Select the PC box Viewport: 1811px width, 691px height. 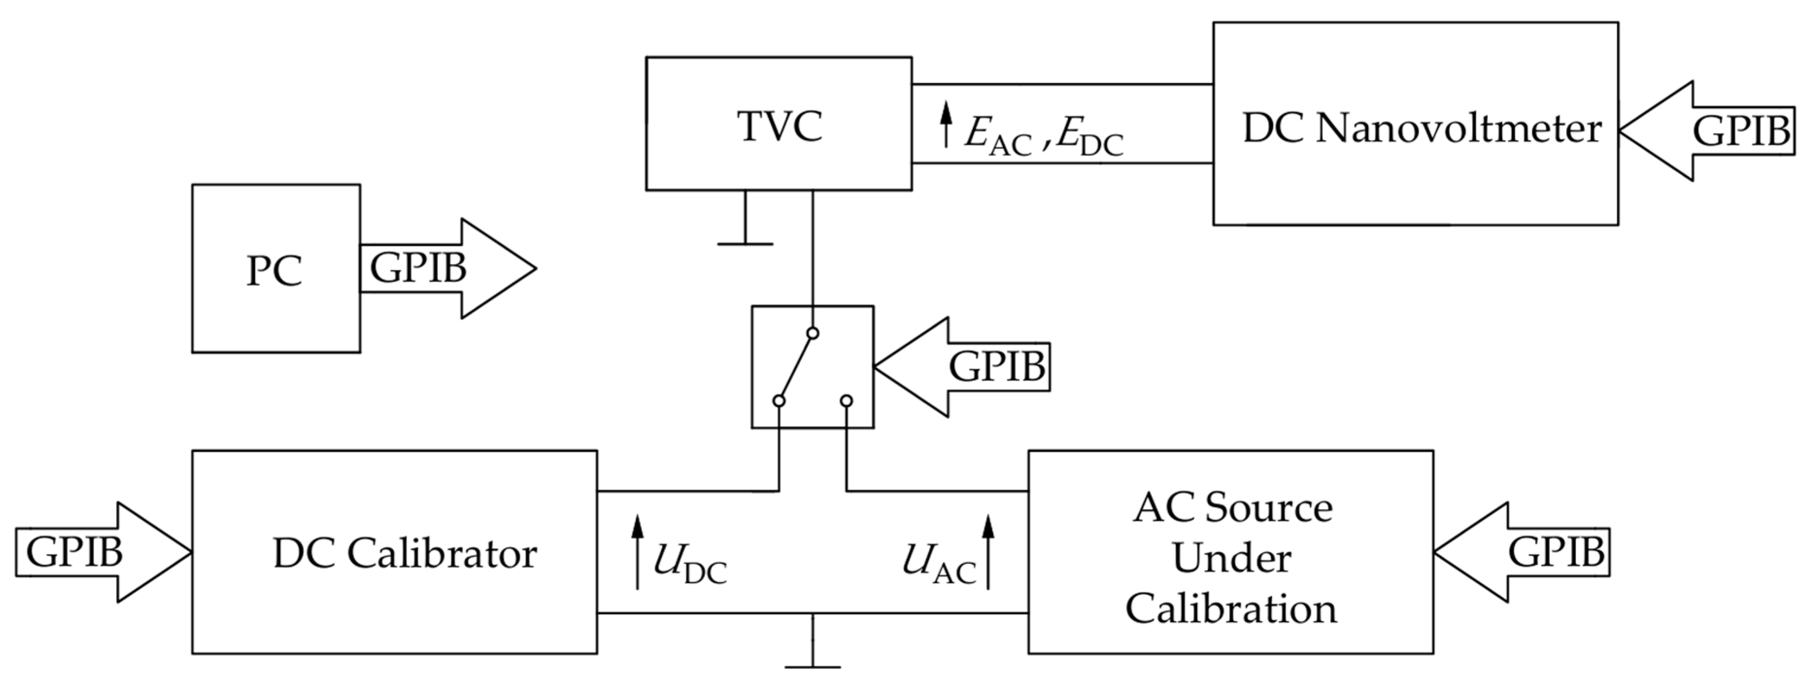(276, 269)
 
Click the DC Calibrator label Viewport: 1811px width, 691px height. (405, 554)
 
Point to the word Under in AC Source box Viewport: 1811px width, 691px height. (1232, 559)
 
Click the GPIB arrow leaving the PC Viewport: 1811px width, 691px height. (450, 269)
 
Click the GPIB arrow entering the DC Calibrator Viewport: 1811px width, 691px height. (99, 553)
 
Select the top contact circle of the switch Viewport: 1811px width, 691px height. (813, 333)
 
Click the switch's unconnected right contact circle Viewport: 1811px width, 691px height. (846, 401)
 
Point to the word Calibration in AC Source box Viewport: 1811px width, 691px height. (1232, 609)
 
